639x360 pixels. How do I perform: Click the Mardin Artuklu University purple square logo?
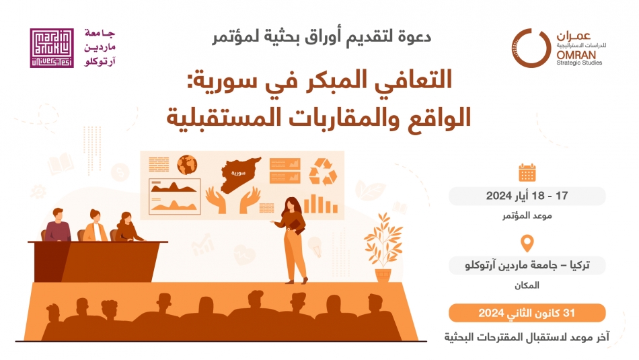pyautogui.click(x=52, y=48)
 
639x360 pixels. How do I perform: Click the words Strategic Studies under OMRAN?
pyautogui.click(x=579, y=63)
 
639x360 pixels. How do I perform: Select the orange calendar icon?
pyautogui.click(x=527, y=172)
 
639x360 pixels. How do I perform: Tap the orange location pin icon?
pyautogui.click(x=527, y=243)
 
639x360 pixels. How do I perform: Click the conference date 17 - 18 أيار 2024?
pyautogui.click(x=527, y=196)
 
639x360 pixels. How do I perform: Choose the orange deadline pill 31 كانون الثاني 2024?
pyautogui.click(x=527, y=313)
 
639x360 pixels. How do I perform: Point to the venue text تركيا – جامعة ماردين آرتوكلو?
pyautogui.click(x=527, y=265)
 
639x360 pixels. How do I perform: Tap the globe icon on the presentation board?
pyautogui.click(x=187, y=165)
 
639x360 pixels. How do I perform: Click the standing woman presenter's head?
pyautogui.click(x=292, y=205)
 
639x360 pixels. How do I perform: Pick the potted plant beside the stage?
pyautogui.click(x=383, y=247)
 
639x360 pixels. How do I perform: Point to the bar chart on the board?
pyautogui.click(x=320, y=204)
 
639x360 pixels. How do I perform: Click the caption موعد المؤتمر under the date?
pyautogui.click(x=527, y=216)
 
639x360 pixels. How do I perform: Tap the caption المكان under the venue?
pyautogui.click(x=527, y=285)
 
